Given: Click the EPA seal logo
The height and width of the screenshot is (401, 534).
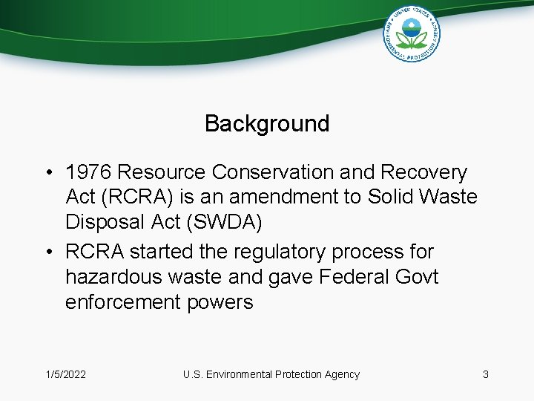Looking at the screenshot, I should [x=412, y=33].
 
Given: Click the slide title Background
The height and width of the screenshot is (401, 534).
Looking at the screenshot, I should [x=267, y=123].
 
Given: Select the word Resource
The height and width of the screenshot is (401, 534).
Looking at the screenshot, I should [x=162, y=172].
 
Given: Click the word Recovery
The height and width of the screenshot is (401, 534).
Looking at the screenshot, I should [x=423, y=172].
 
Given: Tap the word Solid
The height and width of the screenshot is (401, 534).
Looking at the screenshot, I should [x=385, y=198].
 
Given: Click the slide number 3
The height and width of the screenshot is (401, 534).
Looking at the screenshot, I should [x=485, y=374].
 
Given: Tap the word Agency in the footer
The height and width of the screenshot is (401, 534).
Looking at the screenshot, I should [x=341, y=374].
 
